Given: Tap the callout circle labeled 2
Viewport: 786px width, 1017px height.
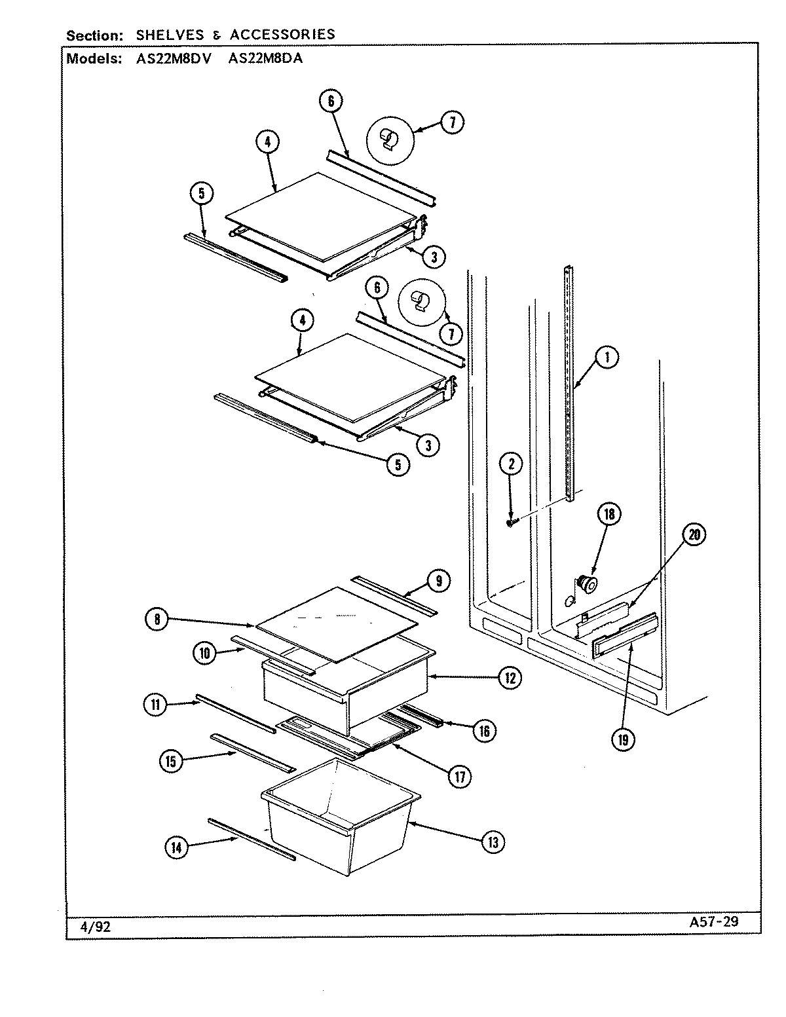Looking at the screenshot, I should point(512,464).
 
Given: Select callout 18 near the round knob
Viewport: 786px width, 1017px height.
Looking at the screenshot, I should point(609,514).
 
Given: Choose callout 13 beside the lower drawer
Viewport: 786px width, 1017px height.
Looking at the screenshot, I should point(493,842).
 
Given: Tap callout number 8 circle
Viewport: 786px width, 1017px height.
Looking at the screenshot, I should point(158,620).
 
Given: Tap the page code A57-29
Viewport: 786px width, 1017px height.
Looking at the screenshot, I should point(714,921).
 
